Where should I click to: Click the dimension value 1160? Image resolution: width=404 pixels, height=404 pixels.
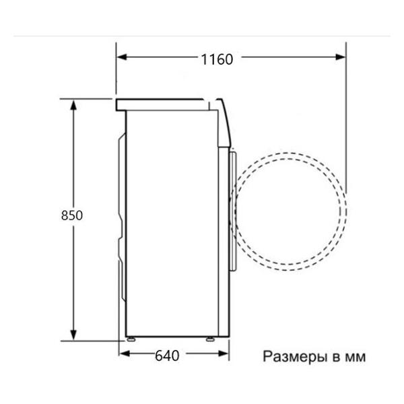click(x=216, y=59)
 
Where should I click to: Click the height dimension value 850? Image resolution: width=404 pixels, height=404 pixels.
click(x=71, y=216)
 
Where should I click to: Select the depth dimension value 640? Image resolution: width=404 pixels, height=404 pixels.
click(x=167, y=356)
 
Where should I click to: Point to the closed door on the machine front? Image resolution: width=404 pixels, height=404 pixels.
click(x=233, y=209)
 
